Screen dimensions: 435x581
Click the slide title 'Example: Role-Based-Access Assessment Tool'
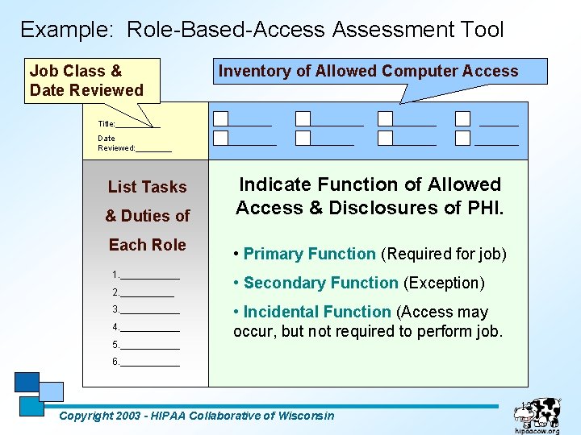click(x=261, y=30)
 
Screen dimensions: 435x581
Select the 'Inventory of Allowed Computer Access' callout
click(x=368, y=71)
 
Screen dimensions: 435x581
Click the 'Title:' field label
click(x=107, y=124)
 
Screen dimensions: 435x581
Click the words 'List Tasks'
click(x=147, y=187)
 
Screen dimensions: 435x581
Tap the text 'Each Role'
click(x=147, y=245)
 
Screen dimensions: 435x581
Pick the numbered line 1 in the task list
click(x=146, y=275)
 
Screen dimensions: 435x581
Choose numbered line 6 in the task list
click(x=146, y=362)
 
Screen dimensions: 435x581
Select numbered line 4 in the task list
click(x=146, y=327)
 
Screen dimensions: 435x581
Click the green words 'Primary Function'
click(x=309, y=254)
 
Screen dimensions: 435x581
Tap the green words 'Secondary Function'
click(x=320, y=283)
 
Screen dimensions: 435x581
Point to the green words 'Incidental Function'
click(x=316, y=312)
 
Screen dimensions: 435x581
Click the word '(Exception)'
click(x=444, y=283)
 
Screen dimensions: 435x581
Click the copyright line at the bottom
click(x=197, y=416)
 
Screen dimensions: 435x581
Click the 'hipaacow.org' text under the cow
click(x=537, y=431)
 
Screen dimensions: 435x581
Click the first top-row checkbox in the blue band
click(x=220, y=119)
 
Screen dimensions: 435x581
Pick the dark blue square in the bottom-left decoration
click(x=27, y=382)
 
